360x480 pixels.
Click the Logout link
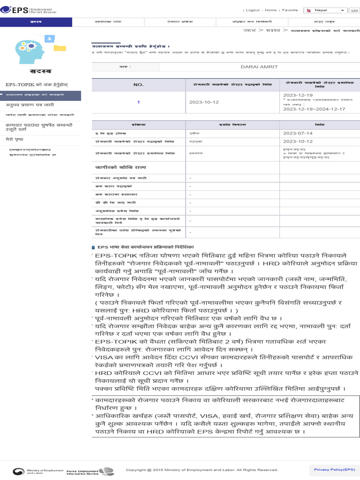tap(253, 10)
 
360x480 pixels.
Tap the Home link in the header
tap(270, 10)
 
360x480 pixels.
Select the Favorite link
tap(290, 10)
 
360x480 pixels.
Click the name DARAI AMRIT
tap(259, 67)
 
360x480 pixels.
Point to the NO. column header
tap(138, 85)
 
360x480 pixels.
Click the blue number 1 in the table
tap(138, 102)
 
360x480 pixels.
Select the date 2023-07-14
tap(294, 133)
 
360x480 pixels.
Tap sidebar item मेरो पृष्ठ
tap(15, 140)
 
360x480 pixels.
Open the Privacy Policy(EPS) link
tap(334, 469)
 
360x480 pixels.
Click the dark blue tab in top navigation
tap(36, 22)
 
